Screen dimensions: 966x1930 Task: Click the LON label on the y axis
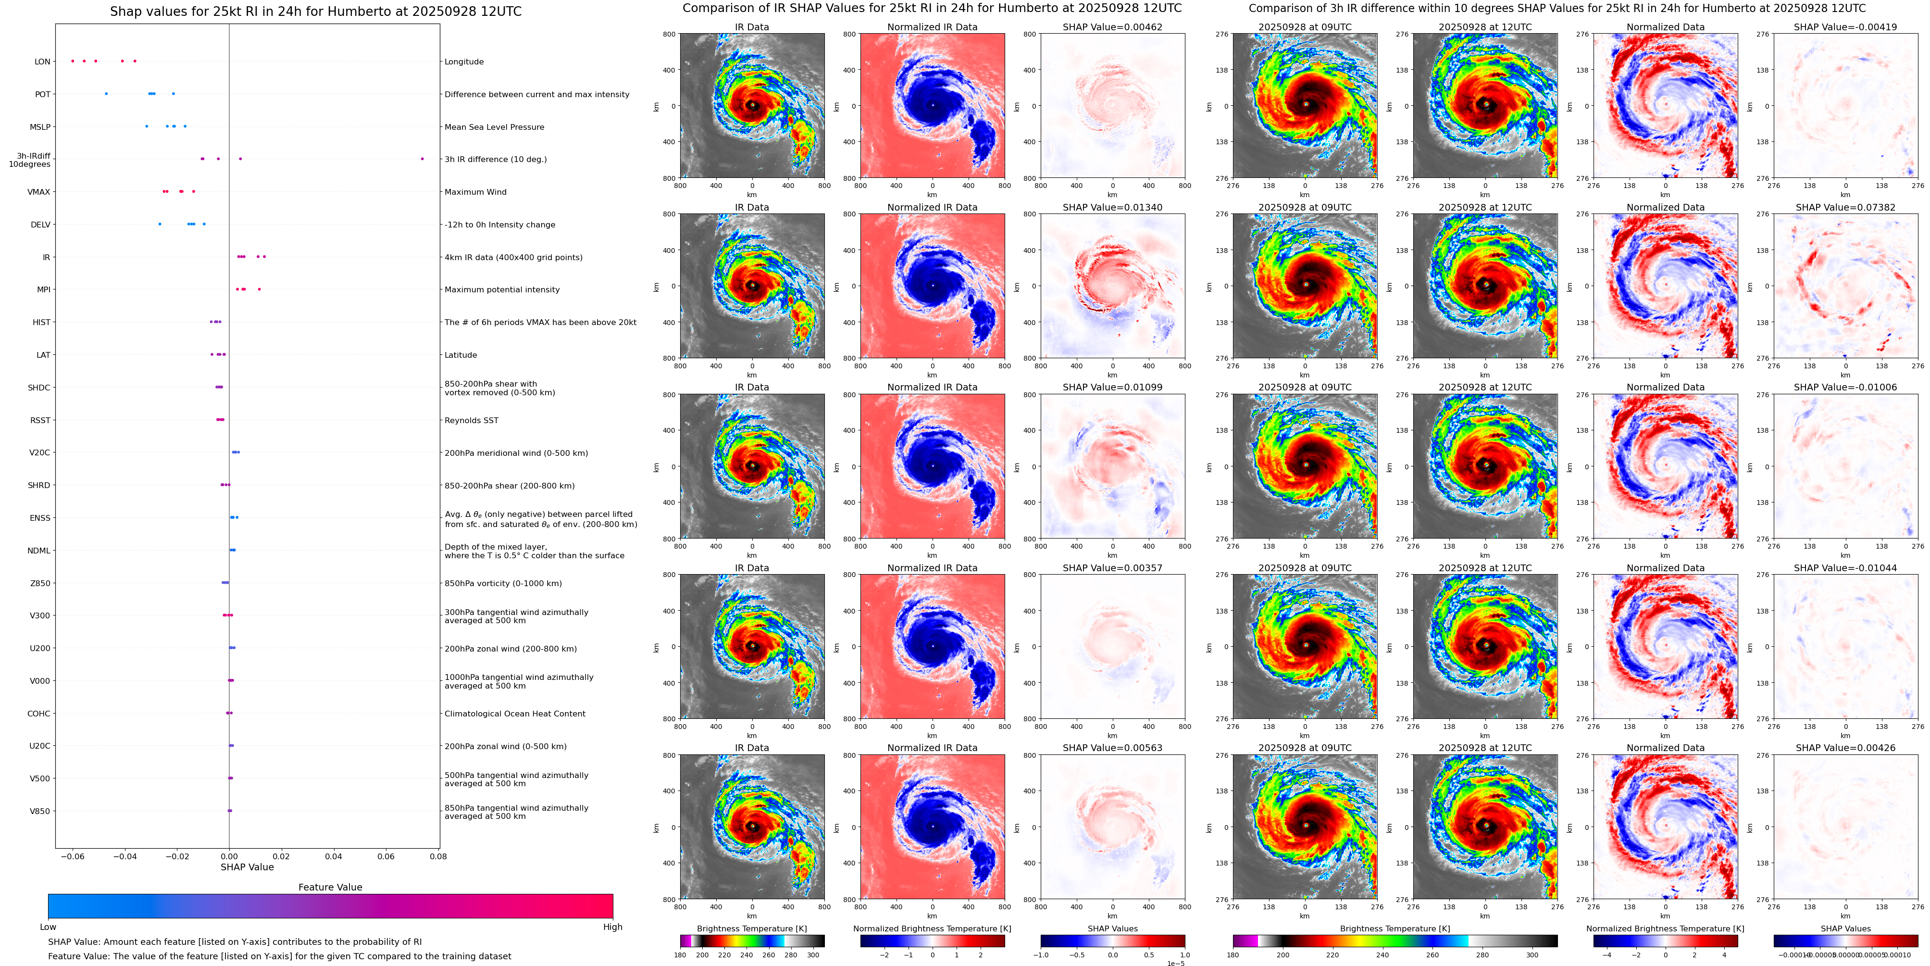click(x=42, y=62)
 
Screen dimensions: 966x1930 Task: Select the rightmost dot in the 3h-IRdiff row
click(x=422, y=159)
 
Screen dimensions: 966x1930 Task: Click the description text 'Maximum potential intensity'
click(x=501, y=290)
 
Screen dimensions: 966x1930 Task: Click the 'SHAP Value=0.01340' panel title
click(x=1112, y=208)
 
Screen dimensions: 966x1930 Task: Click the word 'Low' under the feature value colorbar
click(x=48, y=927)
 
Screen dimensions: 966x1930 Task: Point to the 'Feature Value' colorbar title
click(x=330, y=887)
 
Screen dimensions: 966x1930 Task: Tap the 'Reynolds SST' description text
click(x=471, y=420)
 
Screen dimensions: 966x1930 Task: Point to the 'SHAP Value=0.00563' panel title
click(x=1112, y=748)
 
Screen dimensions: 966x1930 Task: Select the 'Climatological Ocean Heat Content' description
click(x=515, y=714)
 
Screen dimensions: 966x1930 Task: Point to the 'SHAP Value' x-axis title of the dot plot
click(x=247, y=867)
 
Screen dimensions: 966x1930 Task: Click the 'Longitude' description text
click(x=464, y=62)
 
